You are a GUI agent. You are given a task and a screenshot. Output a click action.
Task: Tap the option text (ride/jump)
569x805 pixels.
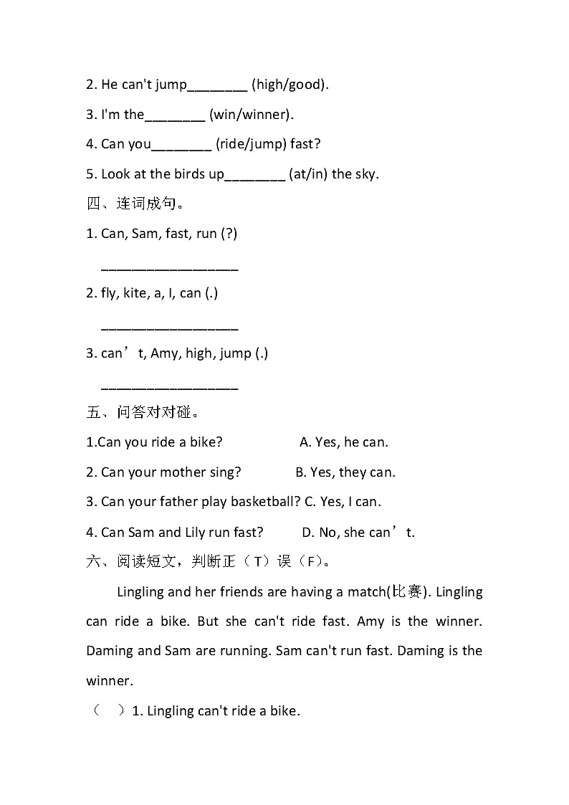[x=250, y=144]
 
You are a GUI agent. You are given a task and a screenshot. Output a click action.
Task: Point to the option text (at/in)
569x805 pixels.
[x=308, y=173]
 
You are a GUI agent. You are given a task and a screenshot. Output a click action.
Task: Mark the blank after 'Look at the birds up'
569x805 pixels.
[x=255, y=176]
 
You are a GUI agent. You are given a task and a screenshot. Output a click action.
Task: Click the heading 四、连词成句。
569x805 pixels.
[x=136, y=204]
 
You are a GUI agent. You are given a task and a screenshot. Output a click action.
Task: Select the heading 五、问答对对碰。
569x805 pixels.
[x=143, y=412]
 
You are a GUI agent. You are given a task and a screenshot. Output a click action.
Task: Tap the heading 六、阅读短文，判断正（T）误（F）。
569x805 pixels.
[x=209, y=561]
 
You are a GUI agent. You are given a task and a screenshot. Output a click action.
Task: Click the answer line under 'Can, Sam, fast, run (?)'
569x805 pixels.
[x=169, y=270]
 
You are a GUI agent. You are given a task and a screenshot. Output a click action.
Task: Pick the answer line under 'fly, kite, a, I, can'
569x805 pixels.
[x=169, y=329]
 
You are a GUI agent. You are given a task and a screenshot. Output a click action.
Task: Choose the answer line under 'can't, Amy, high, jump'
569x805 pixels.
[x=169, y=389]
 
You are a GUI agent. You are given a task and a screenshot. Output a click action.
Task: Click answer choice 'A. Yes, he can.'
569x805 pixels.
[x=344, y=442]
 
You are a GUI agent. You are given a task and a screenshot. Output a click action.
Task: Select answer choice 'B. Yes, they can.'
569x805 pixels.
[x=345, y=472]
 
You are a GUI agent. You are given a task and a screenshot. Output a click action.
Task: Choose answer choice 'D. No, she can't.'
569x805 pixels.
[x=358, y=532]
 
